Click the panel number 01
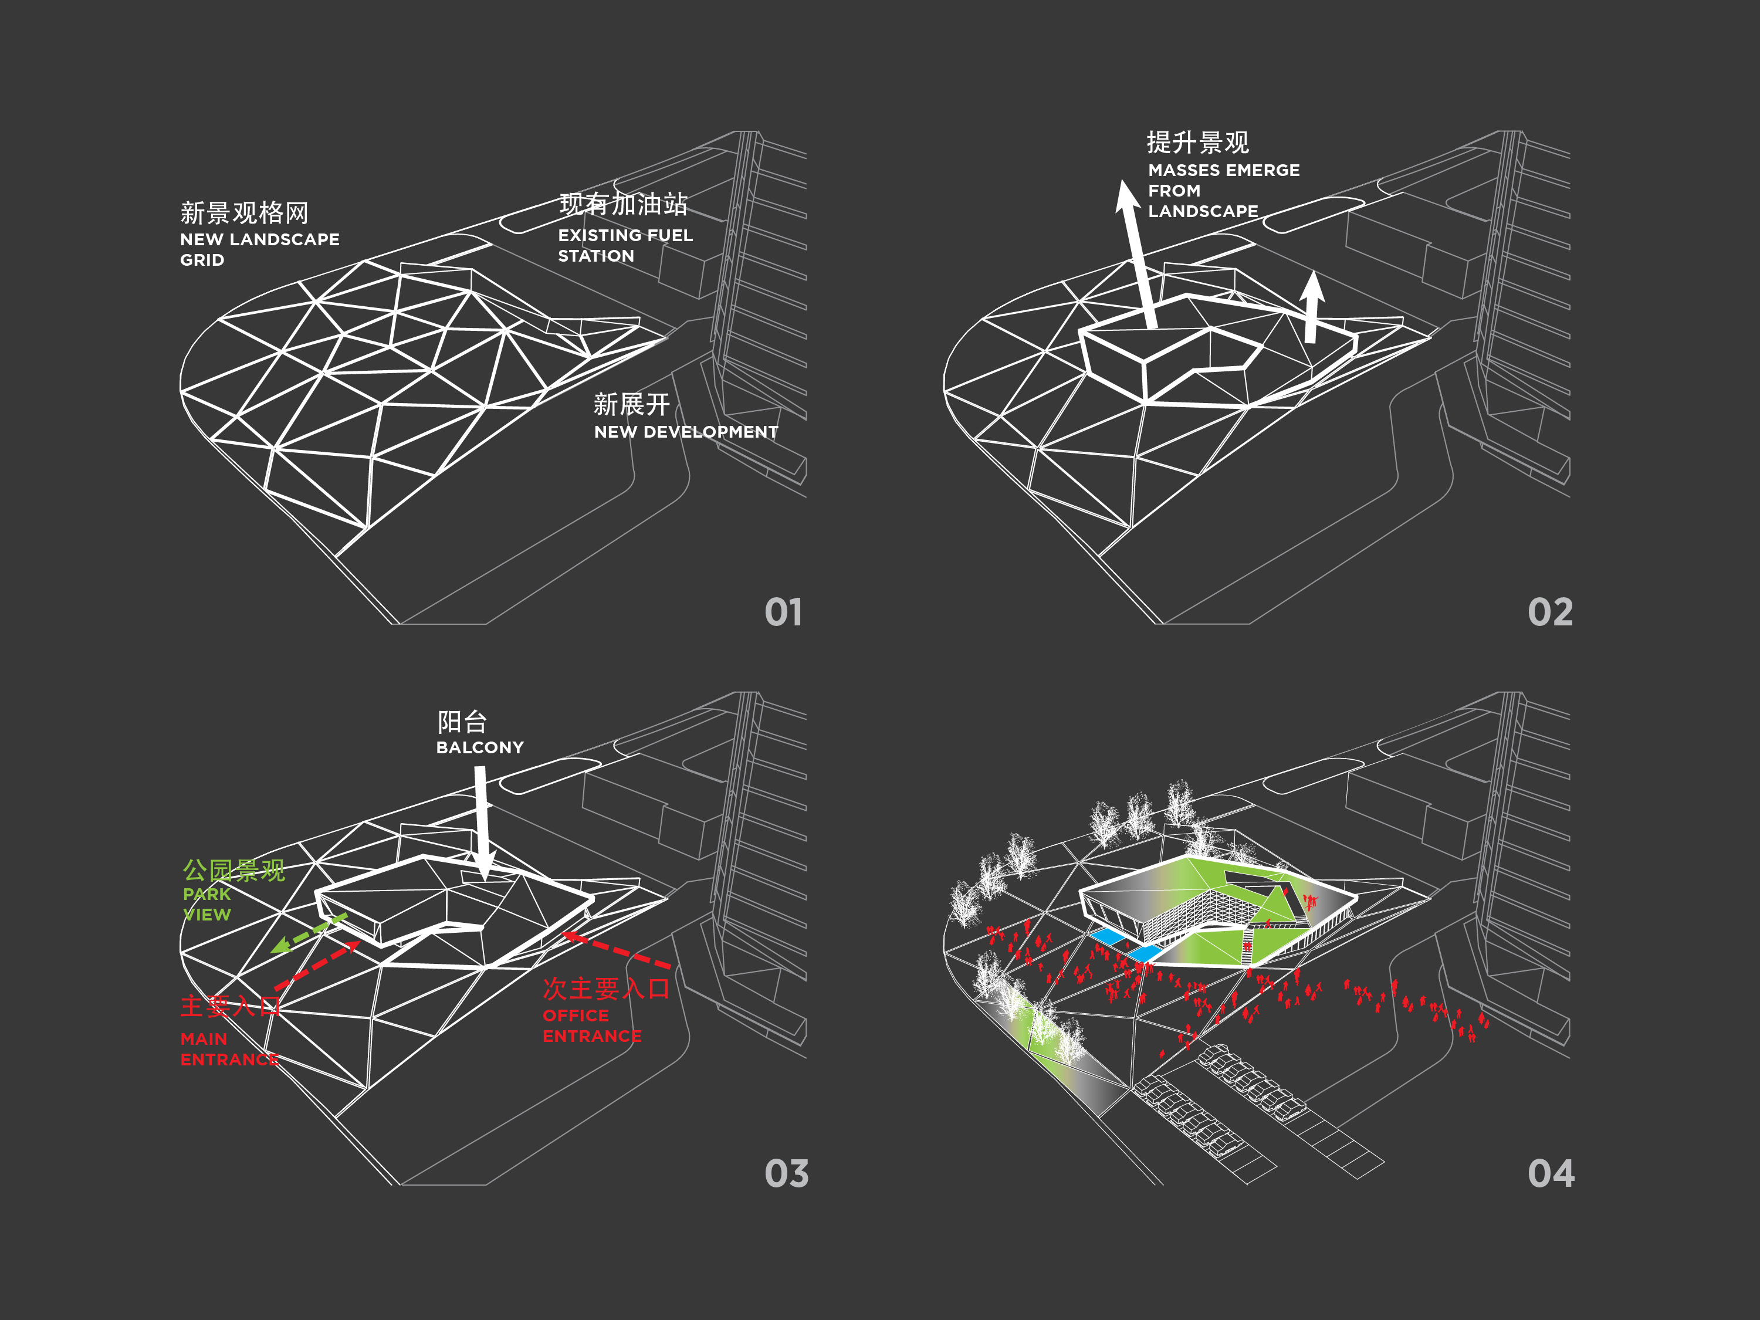pos(783,612)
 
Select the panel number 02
pos(1549,612)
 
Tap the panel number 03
pos(786,1173)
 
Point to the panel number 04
pos(1550,1173)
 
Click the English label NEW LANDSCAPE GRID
pos(259,249)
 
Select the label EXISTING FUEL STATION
pos(625,245)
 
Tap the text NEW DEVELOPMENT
pos(686,432)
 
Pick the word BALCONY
pos(480,748)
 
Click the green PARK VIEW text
pos(207,905)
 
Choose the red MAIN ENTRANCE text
pos(229,1050)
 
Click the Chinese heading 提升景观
pos(1197,143)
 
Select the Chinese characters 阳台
pos(462,722)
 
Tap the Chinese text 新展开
pos(631,404)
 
